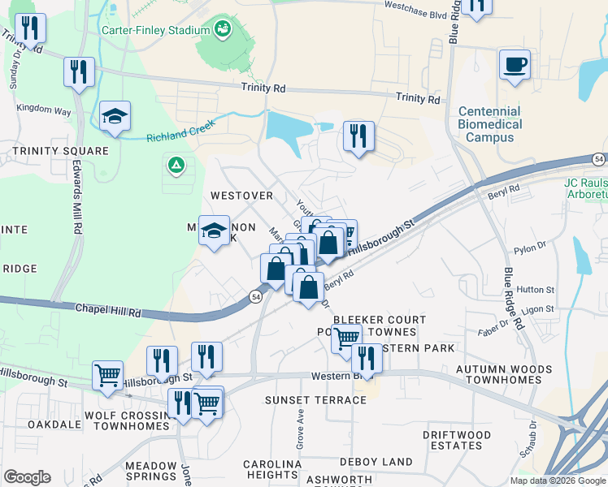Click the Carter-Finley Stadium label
click(156, 30)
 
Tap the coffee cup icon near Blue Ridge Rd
click(515, 64)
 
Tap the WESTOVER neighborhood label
click(241, 196)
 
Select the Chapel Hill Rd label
click(109, 310)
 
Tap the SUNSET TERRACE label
click(315, 400)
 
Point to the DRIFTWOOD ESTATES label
click(457, 440)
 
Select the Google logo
click(27, 477)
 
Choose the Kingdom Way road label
click(44, 108)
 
